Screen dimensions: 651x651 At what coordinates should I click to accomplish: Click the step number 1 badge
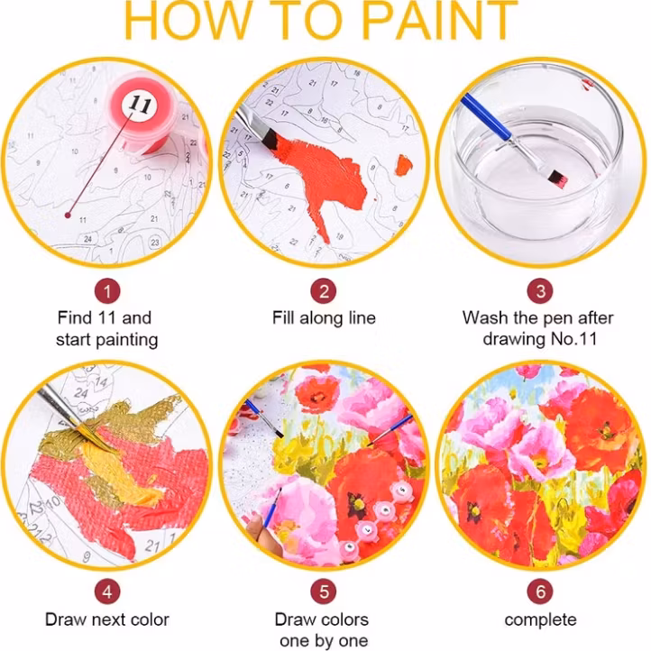[107, 291]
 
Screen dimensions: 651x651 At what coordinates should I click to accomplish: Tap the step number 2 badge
[324, 291]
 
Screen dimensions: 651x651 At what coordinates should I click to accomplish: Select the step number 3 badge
[540, 291]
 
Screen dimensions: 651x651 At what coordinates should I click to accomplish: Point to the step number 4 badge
[107, 592]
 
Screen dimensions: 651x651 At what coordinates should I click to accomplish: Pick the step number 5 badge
[324, 592]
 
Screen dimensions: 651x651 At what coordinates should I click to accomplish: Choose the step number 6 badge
[540, 592]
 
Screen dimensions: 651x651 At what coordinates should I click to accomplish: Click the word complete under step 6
[540, 620]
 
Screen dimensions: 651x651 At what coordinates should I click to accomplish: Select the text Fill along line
[324, 318]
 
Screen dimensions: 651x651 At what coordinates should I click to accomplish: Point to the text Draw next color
[107, 620]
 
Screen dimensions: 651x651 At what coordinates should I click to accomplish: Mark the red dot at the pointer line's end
[69, 215]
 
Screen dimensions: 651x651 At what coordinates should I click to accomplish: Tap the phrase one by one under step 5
[324, 641]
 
